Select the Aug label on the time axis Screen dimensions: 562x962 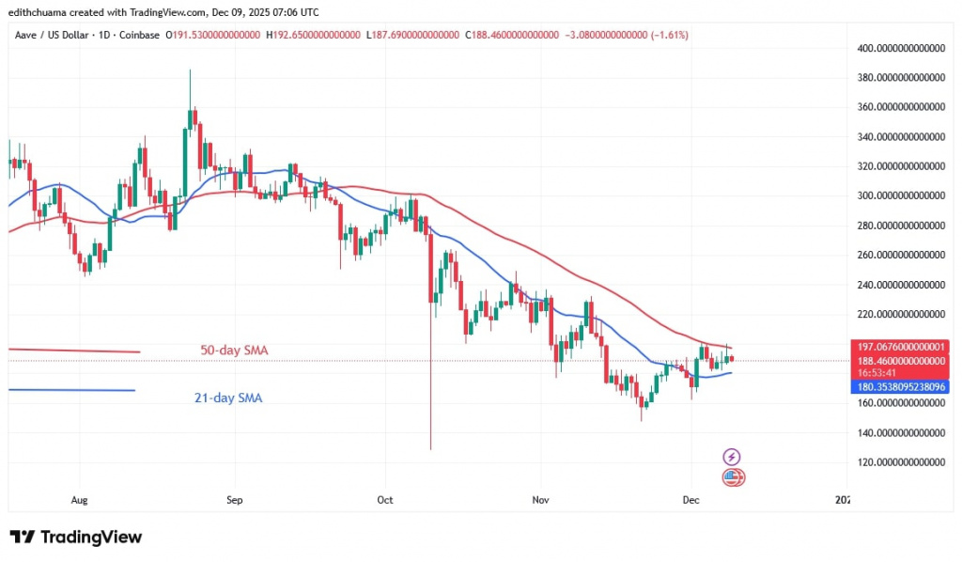[79, 500]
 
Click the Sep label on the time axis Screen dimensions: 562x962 [235, 500]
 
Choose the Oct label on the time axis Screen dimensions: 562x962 [384, 500]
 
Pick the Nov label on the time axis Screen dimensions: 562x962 [539, 500]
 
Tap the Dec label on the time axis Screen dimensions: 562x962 [690, 500]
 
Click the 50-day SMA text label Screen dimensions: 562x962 [234, 351]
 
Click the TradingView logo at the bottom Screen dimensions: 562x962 [76, 538]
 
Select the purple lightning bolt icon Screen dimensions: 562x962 [732, 457]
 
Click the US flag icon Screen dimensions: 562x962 [733, 477]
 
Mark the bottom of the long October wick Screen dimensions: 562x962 [430, 449]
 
